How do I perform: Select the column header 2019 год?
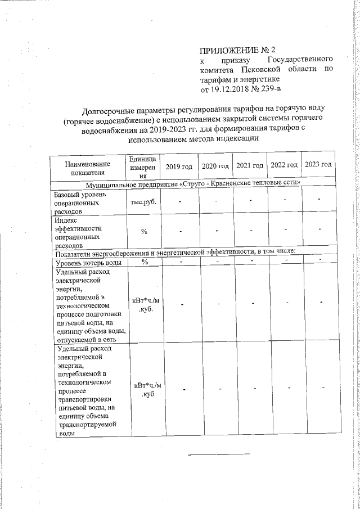pos(179,166)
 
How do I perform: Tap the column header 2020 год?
pos(215,166)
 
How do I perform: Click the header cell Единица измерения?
pos(143,167)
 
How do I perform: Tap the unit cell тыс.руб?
pos(143,201)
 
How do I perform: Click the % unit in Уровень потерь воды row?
pos(145,262)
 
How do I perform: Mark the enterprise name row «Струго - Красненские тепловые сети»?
pos(193,184)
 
